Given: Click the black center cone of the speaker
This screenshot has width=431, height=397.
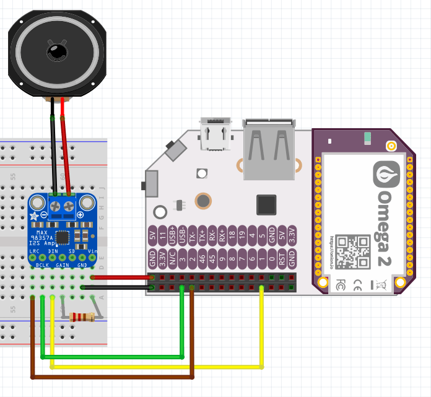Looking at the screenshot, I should coord(57,51).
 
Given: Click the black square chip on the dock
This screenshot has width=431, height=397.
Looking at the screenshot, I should coord(266,205).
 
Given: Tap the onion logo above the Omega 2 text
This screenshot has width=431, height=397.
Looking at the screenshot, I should coord(388,175).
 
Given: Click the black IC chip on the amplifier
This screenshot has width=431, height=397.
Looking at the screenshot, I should coord(63,237).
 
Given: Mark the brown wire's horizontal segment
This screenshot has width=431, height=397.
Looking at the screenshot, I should coord(111,376).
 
